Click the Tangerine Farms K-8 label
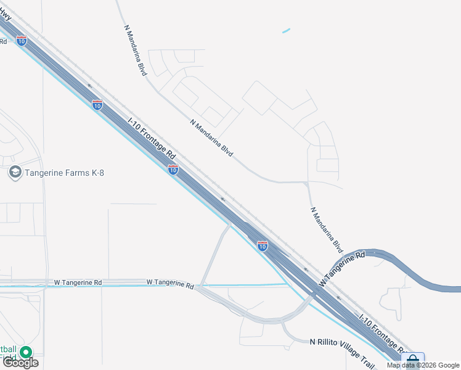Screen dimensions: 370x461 coord(64,173)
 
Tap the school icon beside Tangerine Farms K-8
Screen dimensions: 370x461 coord(15,172)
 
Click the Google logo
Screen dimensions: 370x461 coord(20,363)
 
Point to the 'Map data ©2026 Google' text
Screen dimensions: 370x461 coord(423,365)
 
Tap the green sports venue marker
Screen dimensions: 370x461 coord(26,352)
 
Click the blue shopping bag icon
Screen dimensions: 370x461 coord(412,360)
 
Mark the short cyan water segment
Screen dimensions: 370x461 coord(286,30)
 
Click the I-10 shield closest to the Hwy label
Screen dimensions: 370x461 coord(22,41)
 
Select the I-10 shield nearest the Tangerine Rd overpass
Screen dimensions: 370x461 coord(263,246)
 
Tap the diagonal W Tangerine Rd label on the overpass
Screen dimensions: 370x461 coord(342,268)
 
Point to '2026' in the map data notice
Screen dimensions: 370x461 coord(429,365)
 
